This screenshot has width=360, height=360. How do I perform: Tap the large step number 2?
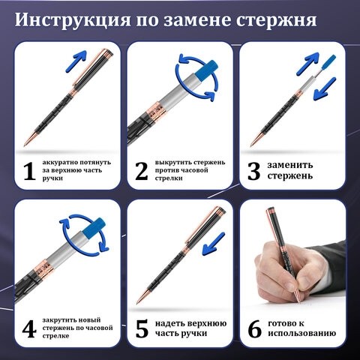click(x=142, y=172)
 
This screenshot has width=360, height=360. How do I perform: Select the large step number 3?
click(x=254, y=172)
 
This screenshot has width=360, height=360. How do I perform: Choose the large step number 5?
click(x=142, y=328)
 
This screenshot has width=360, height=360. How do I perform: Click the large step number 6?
click(x=254, y=328)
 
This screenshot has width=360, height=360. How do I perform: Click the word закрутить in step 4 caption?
click(x=62, y=318)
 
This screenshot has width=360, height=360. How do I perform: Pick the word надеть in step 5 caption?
click(x=171, y=323)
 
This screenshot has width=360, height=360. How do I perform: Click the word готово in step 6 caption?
click(x=286, y=323)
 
